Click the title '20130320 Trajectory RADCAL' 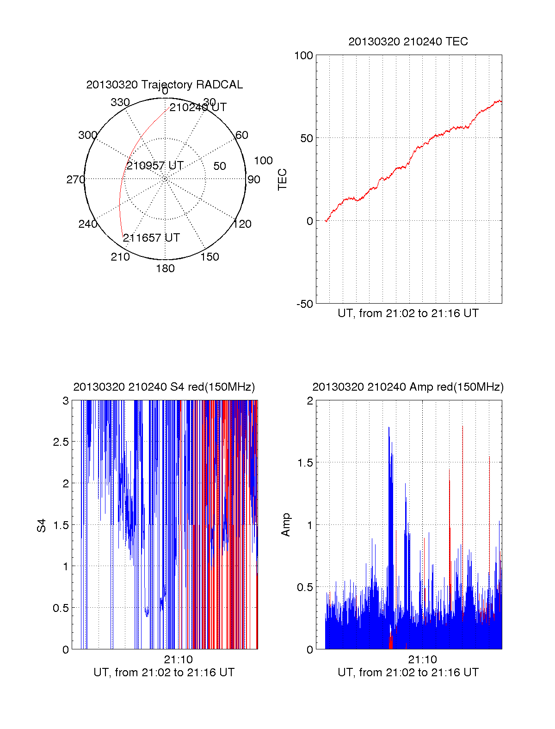(x=164, y=85)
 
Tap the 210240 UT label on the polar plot (x=198, y=107)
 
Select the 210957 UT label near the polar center (x=155, y=166)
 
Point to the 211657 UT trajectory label (x=151, y=238)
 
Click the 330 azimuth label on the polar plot (x=120, y=102)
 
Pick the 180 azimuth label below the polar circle (x=165, y=268)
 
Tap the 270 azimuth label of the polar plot (x=75, y=180)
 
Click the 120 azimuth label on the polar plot (x=242, y=224)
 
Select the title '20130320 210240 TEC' (x=408, y=42)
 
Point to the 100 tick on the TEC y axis (x=304, y=56)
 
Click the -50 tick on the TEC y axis (x=305, y=304)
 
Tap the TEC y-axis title (x=282, y=180)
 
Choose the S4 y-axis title (x=42, y=525)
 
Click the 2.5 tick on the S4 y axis (x=61, y=442)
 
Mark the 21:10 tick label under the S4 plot (x=178, y=660)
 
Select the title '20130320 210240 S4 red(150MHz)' (x=164, y=387)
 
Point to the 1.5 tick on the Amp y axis (x=305, y=463)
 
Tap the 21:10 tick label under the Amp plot (x=422, y=660)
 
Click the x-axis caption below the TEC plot (x=408, y=313)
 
